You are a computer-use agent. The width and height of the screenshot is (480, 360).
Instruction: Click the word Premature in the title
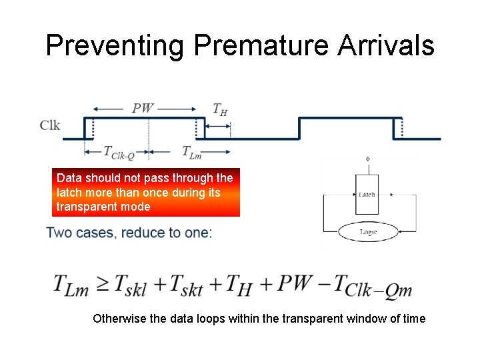click(261, 46)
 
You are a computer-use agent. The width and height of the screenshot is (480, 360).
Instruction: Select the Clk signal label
click(50, 125)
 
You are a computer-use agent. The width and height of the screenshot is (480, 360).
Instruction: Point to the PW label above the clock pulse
click(143, 108)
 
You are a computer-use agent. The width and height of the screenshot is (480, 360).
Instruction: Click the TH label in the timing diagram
click(219, 109)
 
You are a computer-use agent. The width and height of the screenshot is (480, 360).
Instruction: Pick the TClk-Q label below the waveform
click(119, 152)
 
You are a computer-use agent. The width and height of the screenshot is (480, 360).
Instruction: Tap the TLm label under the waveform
click(192, 153)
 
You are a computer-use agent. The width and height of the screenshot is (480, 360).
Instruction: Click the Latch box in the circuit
click(367, 194)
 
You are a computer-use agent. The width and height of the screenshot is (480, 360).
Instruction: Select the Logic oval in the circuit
click(368, 232)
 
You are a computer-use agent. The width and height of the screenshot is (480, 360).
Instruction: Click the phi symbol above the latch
click(367, 159)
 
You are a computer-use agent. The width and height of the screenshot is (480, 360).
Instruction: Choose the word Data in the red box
click(69, 178)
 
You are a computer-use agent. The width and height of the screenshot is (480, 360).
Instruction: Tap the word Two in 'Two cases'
click(58, 233)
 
